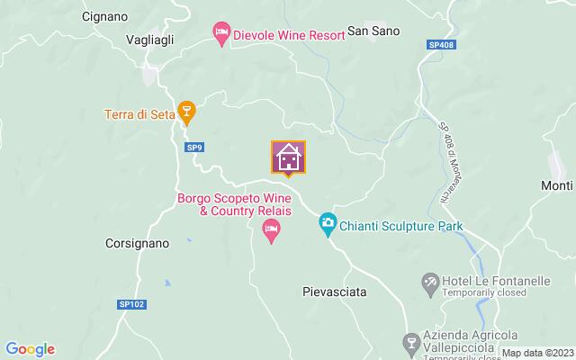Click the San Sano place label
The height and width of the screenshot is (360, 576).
(373, 31)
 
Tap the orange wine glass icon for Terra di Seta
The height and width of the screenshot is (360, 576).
(186, 110)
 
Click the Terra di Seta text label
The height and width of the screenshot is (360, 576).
(138, 114)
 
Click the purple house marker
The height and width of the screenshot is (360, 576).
(289, 157)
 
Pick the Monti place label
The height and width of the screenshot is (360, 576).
(557, 185)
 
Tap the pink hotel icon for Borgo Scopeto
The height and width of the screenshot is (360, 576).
(270, 231)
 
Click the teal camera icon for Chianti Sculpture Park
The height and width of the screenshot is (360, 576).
(328, 221)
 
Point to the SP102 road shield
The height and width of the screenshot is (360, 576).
(130, 305)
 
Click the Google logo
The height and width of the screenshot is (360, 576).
(30, 349)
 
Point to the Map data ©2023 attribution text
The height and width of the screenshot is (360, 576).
(536, 353)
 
